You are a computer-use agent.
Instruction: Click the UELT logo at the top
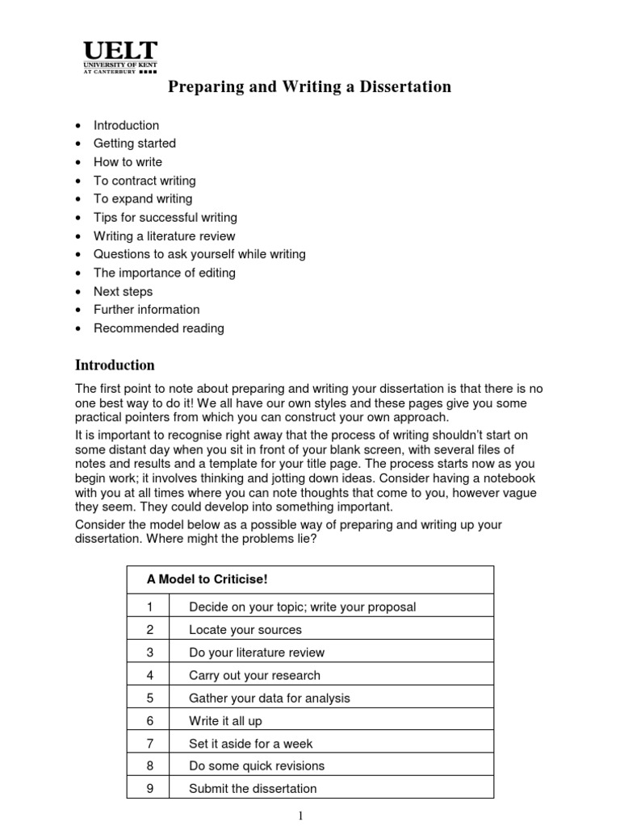(120, 57)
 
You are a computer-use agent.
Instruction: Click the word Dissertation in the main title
(402, 87)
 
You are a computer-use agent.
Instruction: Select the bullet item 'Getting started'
(134, 144)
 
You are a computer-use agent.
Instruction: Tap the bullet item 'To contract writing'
(145, 181)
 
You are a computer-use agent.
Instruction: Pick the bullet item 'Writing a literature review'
(164, 236)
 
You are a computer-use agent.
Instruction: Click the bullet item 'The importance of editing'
(164, 273)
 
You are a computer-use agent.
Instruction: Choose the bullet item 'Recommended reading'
(158, 328)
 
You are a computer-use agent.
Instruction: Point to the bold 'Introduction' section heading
(115, 365)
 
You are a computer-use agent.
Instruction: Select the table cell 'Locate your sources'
(245, 630)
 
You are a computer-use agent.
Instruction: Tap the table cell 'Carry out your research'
(254, 675)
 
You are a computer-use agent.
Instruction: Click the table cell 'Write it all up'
(225, 721)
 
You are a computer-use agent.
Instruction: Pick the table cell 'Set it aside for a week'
(250, 744)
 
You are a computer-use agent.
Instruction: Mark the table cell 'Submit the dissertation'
(253, 789)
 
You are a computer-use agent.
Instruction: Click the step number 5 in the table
(149, 699)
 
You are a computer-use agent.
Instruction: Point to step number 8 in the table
(149, 766)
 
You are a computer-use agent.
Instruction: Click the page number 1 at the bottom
(301, 816)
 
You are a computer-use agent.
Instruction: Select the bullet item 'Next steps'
(123, 291)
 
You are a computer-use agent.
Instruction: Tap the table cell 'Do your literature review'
(257, 653)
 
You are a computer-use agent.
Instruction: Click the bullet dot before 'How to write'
(77, 162)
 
